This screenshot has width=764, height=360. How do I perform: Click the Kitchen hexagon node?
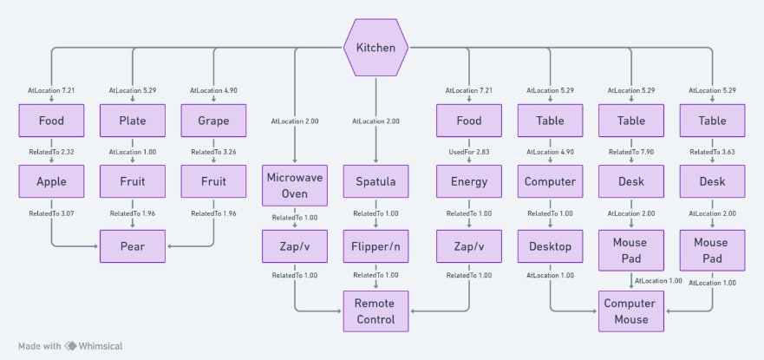[x=375, y=47]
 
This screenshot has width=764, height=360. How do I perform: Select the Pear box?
[x=132, y=246]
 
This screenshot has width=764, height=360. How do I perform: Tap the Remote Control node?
[x=375, y=311]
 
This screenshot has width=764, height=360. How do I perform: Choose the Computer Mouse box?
[x=630, y=311]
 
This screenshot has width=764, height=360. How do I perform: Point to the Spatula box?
[x=375, y=182]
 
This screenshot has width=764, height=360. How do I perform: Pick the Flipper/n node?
[x=375, y=246]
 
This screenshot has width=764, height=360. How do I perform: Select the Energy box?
[x=468, y=182]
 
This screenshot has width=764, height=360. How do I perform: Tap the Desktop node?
[x=550, y=246]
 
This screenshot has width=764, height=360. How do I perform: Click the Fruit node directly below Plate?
[x=132, y=182]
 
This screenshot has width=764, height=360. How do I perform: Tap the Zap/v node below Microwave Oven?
[x=294, y=246]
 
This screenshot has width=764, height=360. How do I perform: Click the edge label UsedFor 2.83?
[x=468, y=151]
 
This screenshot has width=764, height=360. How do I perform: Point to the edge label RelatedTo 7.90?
[x=630, y=151]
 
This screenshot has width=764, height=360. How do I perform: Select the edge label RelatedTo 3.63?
[x=712, y=151]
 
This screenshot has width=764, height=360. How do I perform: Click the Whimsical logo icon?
[x=71, y=345]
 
